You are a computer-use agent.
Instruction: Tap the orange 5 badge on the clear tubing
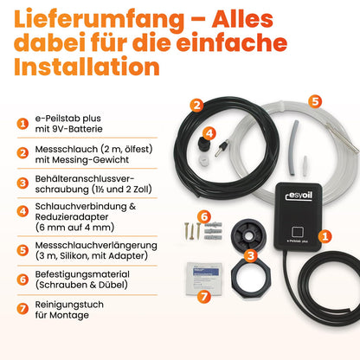[314, 101]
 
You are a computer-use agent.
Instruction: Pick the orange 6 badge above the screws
[204, 215]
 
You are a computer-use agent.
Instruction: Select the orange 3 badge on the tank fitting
[249, 255]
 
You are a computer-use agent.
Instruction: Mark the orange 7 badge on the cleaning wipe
[204, 296]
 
